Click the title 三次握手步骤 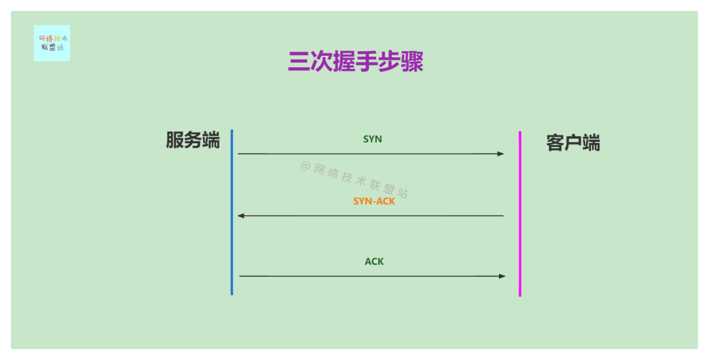tap(355, 61)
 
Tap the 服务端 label tap(192, 140)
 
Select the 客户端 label tap(572, 143)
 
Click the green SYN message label tap(372, 139)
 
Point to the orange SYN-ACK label tap(374, 201)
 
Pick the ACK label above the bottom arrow tap(374, 261)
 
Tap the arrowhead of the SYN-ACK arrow tap(241, 215)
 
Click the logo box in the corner tap(52, 43)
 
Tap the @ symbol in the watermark tap(305, 166)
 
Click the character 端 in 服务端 tap(211, 140)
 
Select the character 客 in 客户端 tap(555, 143)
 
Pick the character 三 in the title tap(299, 61)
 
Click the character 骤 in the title tap(412, 61)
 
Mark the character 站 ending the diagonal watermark tap(402, 194)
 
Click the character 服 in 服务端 tap(175, 140)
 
